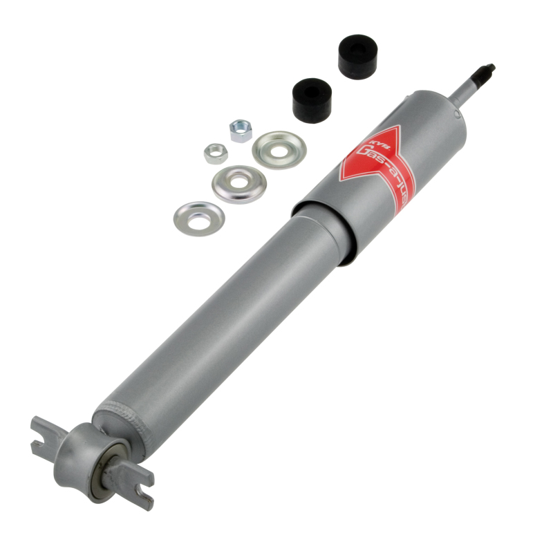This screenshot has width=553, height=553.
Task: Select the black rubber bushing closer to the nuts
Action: click(x=312, y=100)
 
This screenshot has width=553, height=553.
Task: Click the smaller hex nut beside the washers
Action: click(x=216, y=152)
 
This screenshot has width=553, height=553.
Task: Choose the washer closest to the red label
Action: click(x=279, y=149)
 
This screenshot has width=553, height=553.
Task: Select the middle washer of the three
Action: click(x=239, y=184)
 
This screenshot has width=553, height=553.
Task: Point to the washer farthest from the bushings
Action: click(x=198, y=218)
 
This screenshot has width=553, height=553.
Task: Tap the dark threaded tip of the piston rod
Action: click(x=487, y=71)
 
